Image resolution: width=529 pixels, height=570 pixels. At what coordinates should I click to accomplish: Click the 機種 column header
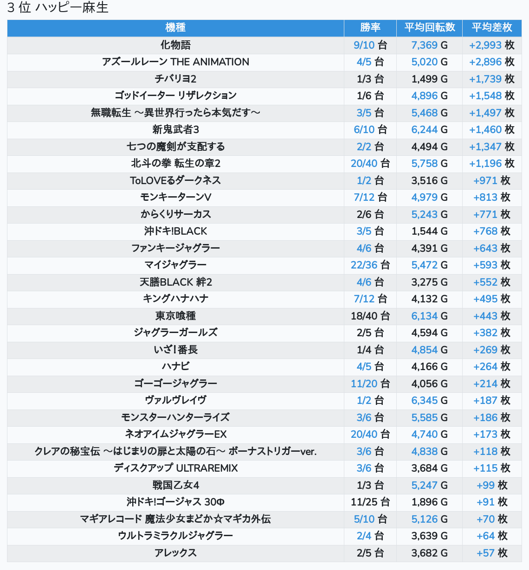coord(175,28)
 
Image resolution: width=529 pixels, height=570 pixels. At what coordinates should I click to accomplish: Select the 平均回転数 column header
coord(430,28)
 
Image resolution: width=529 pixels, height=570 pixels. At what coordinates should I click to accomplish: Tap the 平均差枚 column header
coord(492,28)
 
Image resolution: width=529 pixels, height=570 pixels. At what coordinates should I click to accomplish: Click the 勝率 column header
coord(370,28)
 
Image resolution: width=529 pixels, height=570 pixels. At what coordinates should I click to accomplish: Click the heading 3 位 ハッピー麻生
coord(58,8)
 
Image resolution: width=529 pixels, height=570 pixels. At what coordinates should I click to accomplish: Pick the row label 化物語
coord(175,45)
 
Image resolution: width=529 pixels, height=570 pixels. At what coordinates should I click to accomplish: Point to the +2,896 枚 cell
coord(492,62)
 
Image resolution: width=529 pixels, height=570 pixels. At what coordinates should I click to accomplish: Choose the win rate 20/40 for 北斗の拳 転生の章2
coord(370,163)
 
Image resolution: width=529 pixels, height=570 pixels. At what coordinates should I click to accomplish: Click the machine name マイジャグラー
coord(175,265)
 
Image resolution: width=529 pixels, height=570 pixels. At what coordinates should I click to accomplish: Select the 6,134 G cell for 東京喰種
coord(430,316)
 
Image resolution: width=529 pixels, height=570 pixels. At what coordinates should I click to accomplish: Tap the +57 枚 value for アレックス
coord(492,553)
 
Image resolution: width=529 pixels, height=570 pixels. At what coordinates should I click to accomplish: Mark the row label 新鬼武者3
coord(175,129)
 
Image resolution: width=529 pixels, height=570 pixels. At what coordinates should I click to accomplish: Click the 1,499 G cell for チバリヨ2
coord(430,79)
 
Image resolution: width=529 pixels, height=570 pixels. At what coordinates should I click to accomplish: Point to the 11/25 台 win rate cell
coord(370,502)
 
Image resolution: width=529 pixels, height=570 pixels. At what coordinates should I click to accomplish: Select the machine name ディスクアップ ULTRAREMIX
coord(175,468)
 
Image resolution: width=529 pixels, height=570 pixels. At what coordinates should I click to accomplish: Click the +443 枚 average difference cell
coord(492,316)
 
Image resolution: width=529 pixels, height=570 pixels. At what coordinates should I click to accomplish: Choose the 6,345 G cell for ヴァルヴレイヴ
coord(430,400)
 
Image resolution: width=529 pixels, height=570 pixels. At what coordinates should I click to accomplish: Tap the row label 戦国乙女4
coord(175,485)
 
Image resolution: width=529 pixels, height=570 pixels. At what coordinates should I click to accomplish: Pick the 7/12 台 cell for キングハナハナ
coord(370,299)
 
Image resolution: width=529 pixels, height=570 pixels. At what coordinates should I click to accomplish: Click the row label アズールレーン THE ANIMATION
coord(175,62)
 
